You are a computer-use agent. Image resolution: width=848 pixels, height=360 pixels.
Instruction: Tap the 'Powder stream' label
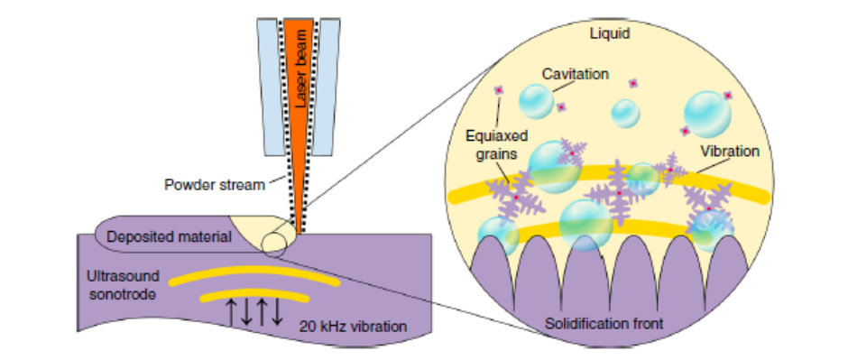215,186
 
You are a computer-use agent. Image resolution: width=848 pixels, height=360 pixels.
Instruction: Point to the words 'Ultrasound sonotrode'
124,283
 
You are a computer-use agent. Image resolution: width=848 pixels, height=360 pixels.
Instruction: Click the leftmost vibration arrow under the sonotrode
232,311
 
